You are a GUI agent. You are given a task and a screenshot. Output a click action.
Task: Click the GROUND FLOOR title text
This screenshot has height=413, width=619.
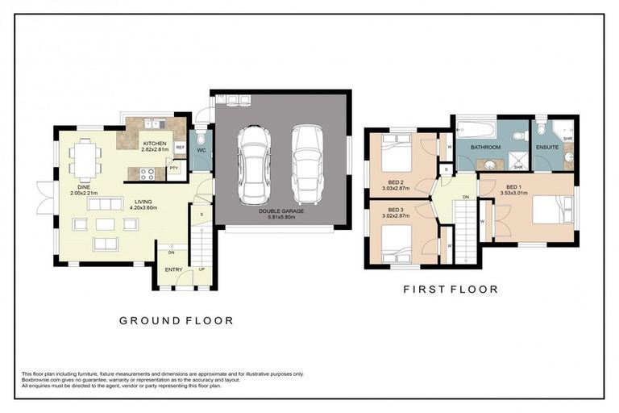[x=177, y=320]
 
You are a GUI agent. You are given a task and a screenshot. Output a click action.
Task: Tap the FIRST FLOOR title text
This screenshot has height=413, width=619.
[x=450, y=288]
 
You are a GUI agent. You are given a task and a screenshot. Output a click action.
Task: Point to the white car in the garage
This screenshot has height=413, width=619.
[x=255, y=165]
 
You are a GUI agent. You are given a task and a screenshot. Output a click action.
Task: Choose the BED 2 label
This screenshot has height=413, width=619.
[x=395, y=181]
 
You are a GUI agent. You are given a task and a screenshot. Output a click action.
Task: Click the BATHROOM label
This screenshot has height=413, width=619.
[x=486, y=148]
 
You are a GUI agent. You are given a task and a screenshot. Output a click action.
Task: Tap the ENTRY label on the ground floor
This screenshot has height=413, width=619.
[x=173, y=269]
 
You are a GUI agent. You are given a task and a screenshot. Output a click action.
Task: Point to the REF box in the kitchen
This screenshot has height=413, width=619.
[x=180, y=148]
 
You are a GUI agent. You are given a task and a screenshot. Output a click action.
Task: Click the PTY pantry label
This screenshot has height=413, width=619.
[x=173, y=167]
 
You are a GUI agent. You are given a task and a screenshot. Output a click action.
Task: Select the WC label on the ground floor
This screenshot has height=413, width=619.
[x=201, y=150]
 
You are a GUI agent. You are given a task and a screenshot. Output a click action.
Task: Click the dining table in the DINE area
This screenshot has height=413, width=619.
[x=84, y=158]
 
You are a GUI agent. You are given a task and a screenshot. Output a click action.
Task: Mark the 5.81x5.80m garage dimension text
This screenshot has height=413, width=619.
[x=282, y=218]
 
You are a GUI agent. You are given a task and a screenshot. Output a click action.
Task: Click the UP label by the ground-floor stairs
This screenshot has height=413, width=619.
[x=201, y=269]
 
